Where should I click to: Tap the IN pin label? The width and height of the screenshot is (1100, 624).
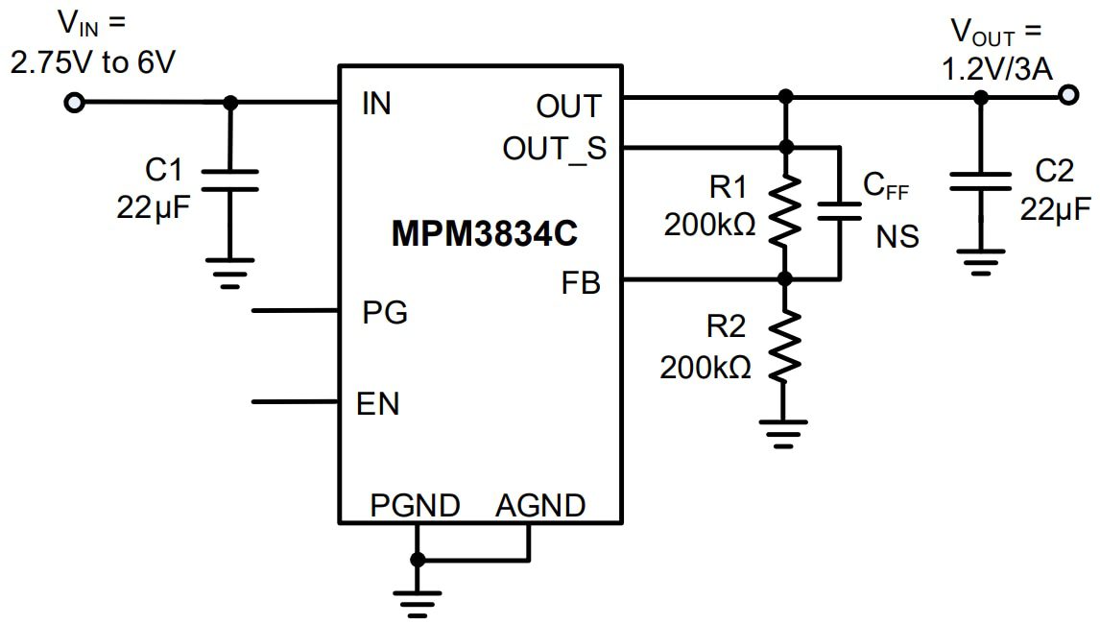(x=376, y=104)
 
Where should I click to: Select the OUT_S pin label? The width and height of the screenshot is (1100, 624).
(x=555, y=149)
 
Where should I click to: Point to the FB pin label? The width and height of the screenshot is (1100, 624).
(x=582, y=283)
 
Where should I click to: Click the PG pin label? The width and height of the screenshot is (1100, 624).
(x=384, y=312)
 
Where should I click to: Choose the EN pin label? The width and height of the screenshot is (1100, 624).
(x=378, y=404)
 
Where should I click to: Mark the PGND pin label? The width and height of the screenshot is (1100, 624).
(x=415, y=505)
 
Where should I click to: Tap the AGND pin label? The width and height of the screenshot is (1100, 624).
(x=540, y=505)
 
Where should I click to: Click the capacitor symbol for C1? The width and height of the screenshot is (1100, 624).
(x=229, y=180)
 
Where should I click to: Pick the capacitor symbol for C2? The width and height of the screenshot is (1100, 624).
(x=979, y=181)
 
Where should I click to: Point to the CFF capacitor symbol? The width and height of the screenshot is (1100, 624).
(x=840, y=211)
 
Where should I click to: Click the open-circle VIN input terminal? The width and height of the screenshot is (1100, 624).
(x=74, y=103)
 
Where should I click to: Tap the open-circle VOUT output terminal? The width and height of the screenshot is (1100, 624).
(x=1067, y=96)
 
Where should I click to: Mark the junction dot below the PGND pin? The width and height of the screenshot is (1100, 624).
(x=417, y=560)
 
